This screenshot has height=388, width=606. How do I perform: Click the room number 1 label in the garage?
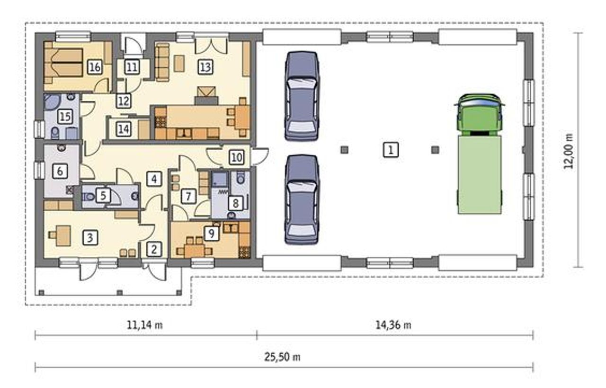pos(391,150)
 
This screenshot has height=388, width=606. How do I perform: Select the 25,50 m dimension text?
pos(282,357)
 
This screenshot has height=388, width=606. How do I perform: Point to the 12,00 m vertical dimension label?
pos(569,151)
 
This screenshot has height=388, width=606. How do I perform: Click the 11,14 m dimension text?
pos(145,325)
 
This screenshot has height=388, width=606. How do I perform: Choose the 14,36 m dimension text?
pos(393,325)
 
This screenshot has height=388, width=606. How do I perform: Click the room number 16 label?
pos(95,67)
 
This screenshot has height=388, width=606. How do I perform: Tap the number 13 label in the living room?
pos(205,67)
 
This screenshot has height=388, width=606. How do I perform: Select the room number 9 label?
pos(211,233)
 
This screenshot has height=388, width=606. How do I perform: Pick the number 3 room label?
pos(90,238)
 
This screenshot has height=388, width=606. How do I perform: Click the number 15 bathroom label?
pos(65,117)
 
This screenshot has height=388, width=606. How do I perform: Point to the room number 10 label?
pos(237,157)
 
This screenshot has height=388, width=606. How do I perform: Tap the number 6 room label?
pos(60,171)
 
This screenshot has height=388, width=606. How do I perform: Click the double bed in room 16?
pos(64,63)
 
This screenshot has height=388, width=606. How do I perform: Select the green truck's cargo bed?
pos(480,175)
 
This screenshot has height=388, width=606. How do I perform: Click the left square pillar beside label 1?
pos(344,150)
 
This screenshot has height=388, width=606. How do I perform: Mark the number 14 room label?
pos(124,129)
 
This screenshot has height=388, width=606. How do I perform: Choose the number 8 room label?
pos(235,203)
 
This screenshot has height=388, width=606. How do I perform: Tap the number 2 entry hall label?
pos(154,249)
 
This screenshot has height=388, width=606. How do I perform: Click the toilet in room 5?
pos(88,197)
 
